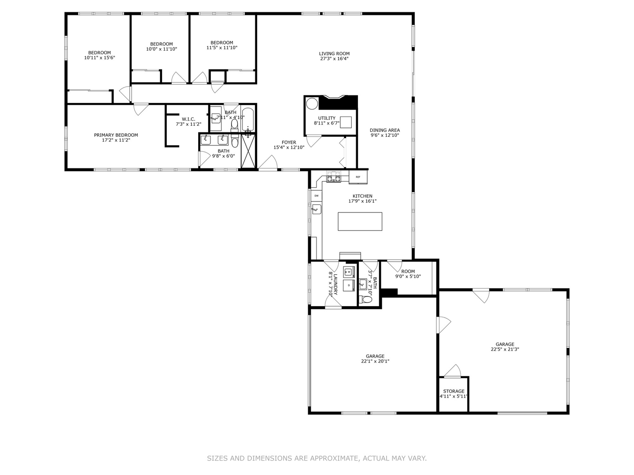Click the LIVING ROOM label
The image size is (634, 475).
334,54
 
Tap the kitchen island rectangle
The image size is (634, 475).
360,221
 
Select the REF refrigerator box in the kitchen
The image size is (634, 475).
358,177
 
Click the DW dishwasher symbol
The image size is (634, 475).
316,195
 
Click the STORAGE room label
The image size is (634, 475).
453,391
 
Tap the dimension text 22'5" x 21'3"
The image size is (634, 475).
505,350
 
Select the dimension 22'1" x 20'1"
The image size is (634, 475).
375,362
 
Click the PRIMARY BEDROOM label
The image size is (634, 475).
116,135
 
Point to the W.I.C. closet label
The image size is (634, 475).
188,119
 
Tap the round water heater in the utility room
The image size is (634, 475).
312,104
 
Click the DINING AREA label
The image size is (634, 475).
384,130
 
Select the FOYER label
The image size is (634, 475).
289,142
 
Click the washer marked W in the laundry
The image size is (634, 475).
350,271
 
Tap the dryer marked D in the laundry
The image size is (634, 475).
349,285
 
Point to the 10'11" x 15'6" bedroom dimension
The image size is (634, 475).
100,58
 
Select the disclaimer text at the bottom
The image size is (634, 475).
317,458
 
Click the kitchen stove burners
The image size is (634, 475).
333,178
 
